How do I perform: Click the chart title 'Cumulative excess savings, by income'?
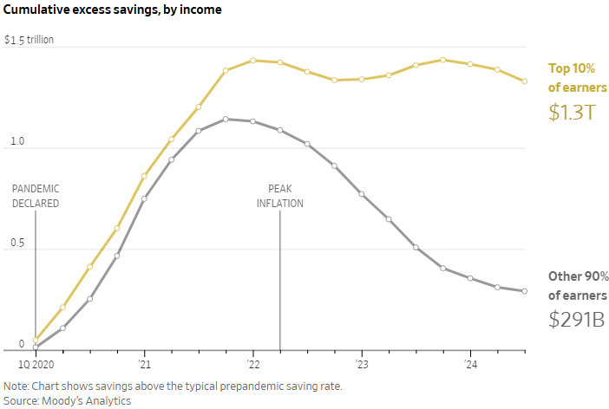point(112,10)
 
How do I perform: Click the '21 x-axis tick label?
point(144,364)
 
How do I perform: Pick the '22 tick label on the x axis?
point(252,364)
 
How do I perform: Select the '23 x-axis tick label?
point(361,364)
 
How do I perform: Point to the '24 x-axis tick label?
point(470,364)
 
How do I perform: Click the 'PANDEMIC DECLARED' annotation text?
point(36,196)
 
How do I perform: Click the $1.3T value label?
point(572,112)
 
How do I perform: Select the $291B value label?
point(576,319)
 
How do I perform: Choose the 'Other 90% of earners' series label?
point(578,286)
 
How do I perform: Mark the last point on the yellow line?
point(525,81)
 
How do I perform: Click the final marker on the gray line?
point(525,291)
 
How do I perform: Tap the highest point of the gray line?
point(226,119)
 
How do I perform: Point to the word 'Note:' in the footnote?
point(16,386)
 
